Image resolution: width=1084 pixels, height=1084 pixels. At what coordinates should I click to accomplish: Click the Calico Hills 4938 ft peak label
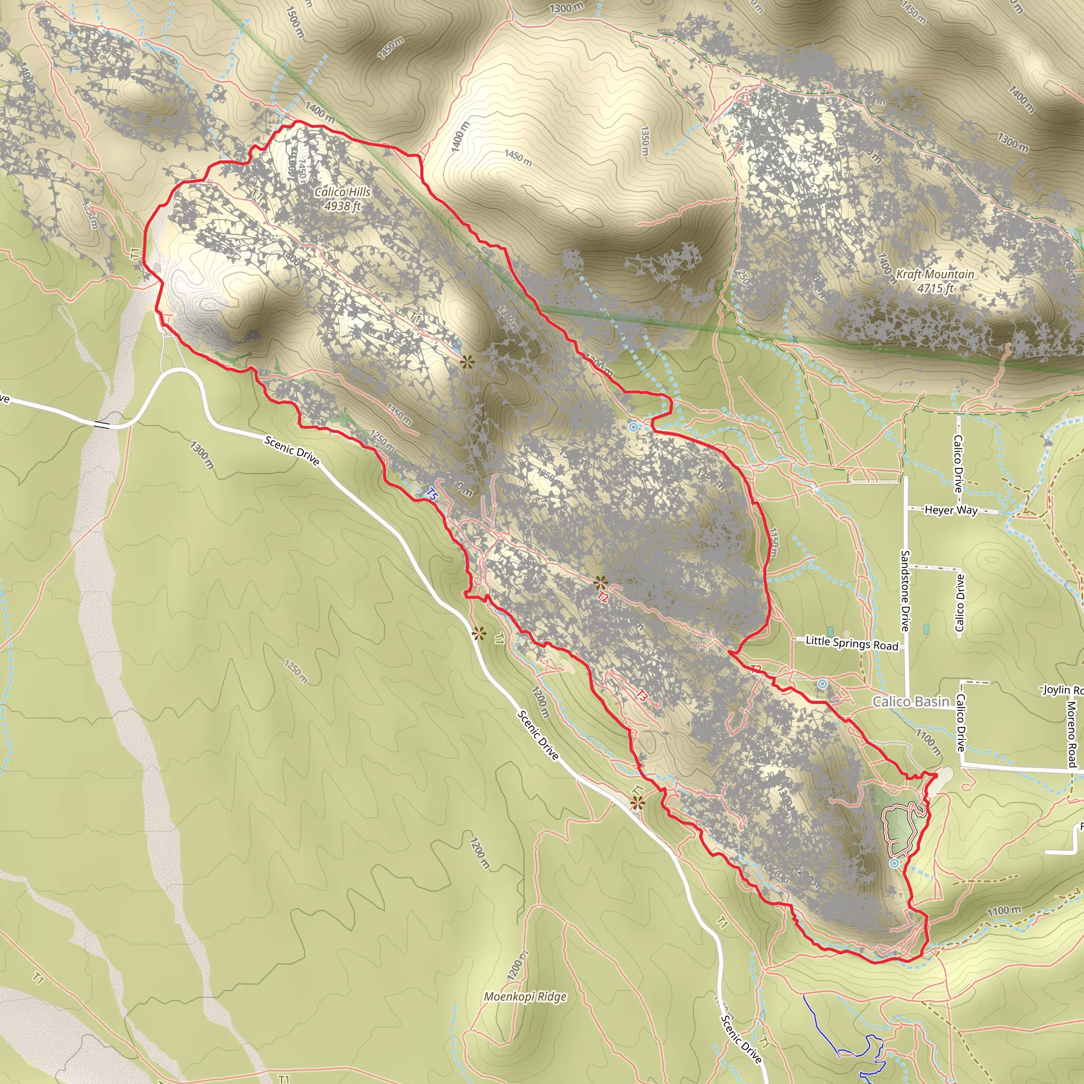click(x=342, y=198)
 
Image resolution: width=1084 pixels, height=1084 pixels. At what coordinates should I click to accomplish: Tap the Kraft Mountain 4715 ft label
click(x=935, y=281)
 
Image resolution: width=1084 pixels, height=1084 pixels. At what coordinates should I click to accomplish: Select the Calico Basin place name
click(x=910, y=701)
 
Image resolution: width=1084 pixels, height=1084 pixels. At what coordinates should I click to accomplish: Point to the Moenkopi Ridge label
click(x=525, y=997)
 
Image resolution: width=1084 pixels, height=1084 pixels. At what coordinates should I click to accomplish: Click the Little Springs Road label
click(x=852, y=643)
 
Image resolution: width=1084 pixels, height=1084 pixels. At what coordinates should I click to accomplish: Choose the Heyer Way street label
click(x=951, y=510)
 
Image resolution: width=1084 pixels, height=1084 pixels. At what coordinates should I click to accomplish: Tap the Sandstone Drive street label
click(x=905, y=590)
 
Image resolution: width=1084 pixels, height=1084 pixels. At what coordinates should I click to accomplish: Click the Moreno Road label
click(x=1071, y=734)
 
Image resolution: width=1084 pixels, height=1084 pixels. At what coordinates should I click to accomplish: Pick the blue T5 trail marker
click(x=431, y=494)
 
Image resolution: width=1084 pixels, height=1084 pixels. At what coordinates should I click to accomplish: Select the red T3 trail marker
click(x=642, y=695)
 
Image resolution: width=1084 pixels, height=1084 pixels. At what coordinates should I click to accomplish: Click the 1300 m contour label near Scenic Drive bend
click(x=202, y=455)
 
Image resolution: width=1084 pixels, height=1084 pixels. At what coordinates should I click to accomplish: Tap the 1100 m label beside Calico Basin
click(x=928, y=742)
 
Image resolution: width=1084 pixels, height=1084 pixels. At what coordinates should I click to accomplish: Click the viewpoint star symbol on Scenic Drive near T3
click(x=637, y=802)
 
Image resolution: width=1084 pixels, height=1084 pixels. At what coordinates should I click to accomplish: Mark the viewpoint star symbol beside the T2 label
click(x=600, y=582)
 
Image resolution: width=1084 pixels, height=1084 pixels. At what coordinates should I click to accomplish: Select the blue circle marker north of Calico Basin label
click(x=823, y=683)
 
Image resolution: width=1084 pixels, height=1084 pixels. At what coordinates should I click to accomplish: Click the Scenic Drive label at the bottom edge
click(x=741, y=1038)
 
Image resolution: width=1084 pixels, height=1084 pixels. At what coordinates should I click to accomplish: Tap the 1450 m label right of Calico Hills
click(x=517, y=158)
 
